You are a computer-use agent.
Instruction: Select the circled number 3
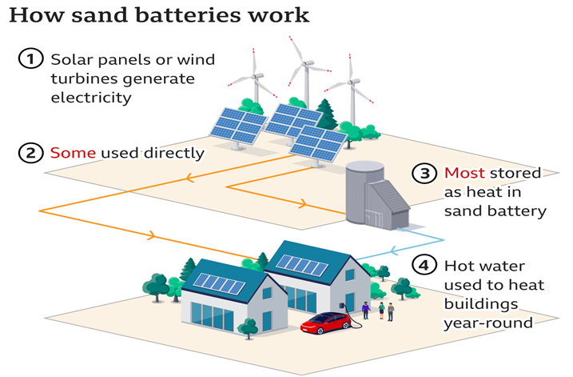pyautogui.click(x=425, y=173)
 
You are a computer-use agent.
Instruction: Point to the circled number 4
pyautogui.click(x=424, y=265)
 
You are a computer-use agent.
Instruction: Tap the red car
pyautogui.click(x=324, y=323)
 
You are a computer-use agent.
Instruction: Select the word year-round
pyautogui.click(x=487, y=323)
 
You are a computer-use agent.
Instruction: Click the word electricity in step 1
pyautogui.click(x=90, y=98)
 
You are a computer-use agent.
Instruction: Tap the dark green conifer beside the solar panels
pyautogui.click(x=326, y=115)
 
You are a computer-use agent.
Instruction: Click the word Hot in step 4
pyautogui.click(x=461, y=265)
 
